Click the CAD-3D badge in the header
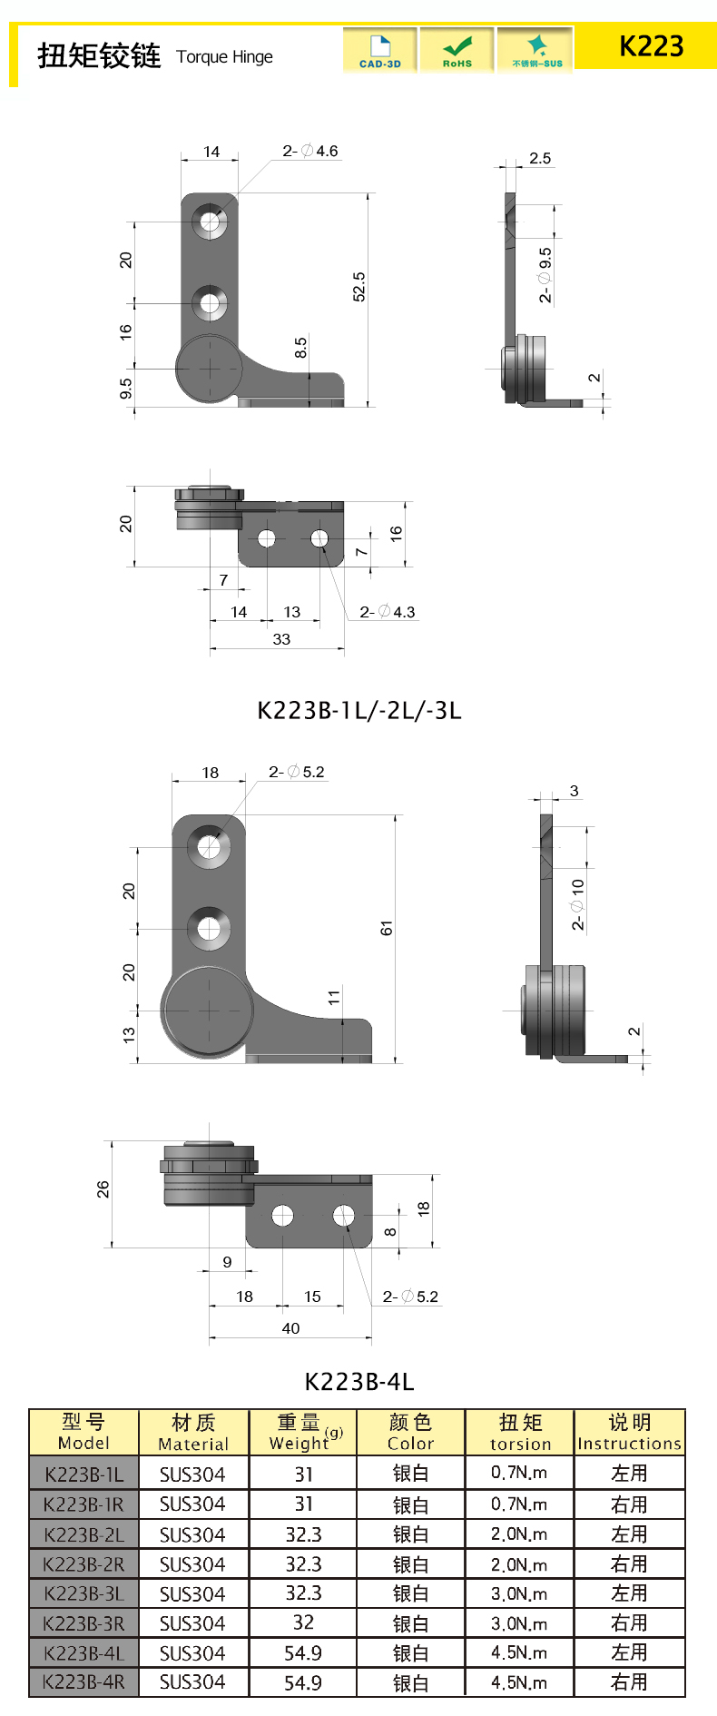point(380,50)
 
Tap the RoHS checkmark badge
point(457,50)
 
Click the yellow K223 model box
point(645,46)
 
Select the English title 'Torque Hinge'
point(224,57)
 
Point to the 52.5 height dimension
point(359,287)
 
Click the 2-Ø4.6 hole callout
point(310,151)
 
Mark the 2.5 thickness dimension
point(540,158)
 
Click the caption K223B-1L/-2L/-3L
point(359,710)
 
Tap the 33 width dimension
point(281,639)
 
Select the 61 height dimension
point(387,928)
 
